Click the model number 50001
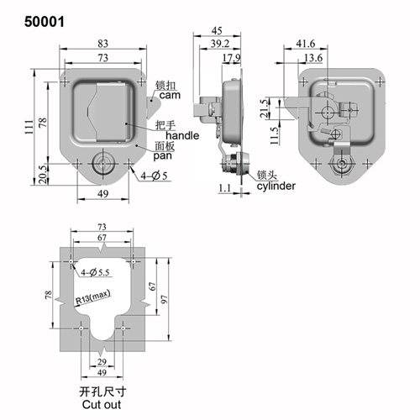pos(45,22)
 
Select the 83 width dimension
pos(102,44)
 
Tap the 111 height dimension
pos(29,127)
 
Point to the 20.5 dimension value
pos(42,175)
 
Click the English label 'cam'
pos(170,95)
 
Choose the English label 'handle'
pos(182,135)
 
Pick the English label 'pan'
pos(162,156)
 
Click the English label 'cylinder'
pos(276,186)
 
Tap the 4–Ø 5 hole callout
pos(154,176)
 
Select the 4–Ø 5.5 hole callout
pos(95,272)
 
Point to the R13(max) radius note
pos(93,297)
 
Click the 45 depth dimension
pos(217,30)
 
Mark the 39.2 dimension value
pos(220,44)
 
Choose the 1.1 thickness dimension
pos(225,188)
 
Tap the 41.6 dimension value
pos(306,44)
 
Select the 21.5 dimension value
pos(264,108)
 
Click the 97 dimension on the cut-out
pos(165,299)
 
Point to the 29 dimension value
pos(102,362)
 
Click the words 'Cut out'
pos(102,405)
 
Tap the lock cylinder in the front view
pos(102,164)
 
